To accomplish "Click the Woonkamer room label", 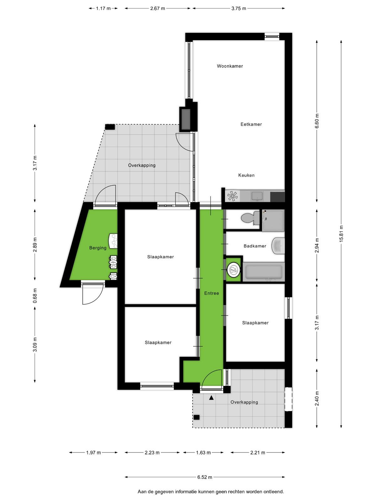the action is click(230, 66).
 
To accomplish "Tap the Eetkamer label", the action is click(251, 124).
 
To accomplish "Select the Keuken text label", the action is click(246, 175).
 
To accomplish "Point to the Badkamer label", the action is click(255, 246).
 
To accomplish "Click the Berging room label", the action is click(98, 248).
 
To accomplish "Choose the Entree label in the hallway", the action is click(211, 293).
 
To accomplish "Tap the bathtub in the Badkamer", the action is click(264, 272).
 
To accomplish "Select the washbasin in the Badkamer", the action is click(278, 246).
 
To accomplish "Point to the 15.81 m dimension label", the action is click(341, 234).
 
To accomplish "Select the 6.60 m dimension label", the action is click(317, 121).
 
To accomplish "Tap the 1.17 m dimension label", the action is click(103, 8).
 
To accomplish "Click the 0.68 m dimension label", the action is click(35, 296).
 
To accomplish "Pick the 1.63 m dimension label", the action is click(203, 452).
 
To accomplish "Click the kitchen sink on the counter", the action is click(257, 196).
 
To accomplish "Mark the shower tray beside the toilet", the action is click(273, 220).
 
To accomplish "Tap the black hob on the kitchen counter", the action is click(277, 197).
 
